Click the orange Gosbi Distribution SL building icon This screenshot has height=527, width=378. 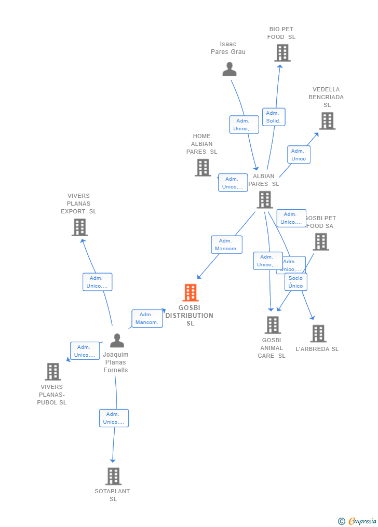(x=191, y=293)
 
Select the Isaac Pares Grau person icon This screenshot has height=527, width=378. (x=230, y=69)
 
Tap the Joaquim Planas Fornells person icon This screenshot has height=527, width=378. (x=117, y=341)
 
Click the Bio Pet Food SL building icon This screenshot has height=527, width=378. (x=282, y=53)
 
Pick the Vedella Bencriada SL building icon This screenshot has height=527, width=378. (x=327, y=121)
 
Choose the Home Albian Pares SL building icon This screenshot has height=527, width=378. (x=203, y=168)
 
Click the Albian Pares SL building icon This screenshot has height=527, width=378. (x=265, y=199)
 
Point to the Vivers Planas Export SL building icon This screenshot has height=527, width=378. (x=79, y=227)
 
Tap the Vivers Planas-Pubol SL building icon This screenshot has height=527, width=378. (x=53, y=372)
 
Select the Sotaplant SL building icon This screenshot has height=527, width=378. (x=113, y=476)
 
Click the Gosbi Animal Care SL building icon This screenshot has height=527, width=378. (x=273, y=325)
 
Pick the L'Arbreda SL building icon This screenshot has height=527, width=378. (x=318, y=334)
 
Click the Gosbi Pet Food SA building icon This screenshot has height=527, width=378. (x=321, y=242)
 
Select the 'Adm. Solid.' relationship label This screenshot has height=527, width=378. (x=274, y=117)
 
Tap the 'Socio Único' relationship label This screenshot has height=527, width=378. (x=295, y=282)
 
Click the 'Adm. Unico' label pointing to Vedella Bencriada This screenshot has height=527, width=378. (x=299, y=155)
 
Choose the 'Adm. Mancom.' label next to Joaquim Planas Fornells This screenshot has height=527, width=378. (x=147, y=318)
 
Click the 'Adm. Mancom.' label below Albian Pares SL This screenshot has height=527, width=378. (x=226, y=245)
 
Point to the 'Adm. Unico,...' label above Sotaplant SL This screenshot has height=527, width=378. (x=114, y=418)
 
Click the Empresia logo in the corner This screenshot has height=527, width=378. (x=358, y=521)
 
